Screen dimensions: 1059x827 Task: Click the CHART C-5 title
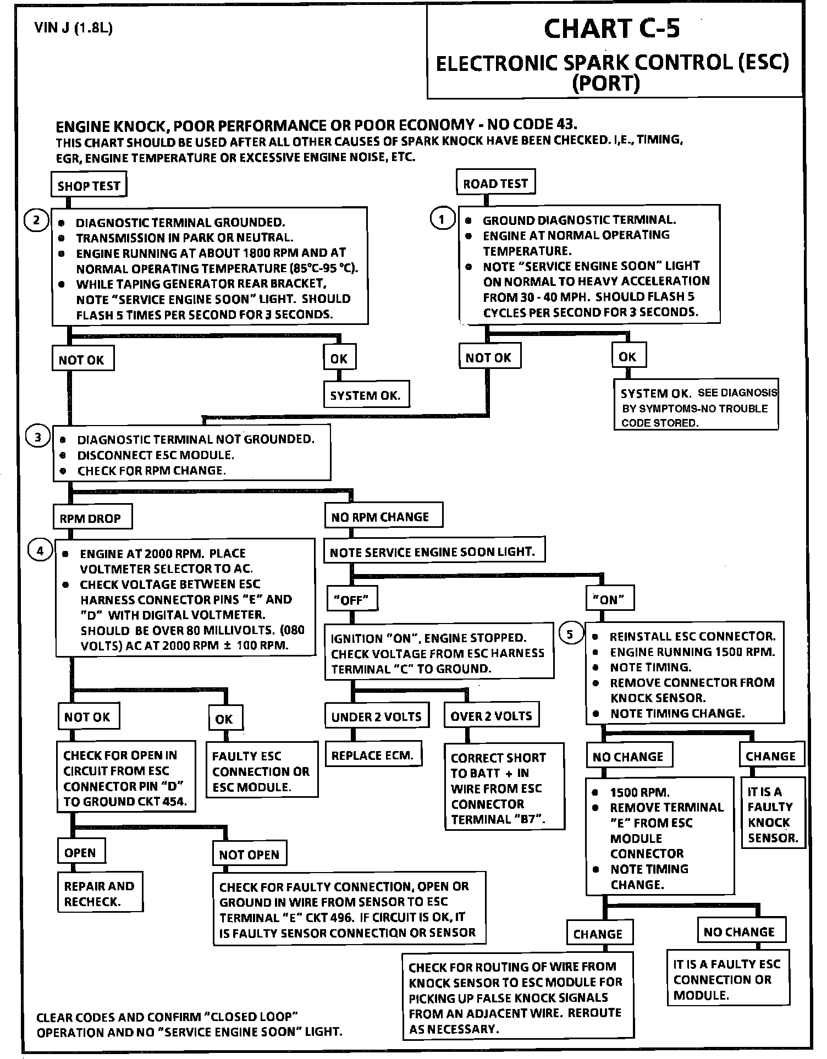point(611,29)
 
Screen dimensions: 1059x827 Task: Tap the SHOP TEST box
point(89,185)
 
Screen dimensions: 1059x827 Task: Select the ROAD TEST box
point(495,183)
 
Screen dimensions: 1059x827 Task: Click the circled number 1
point(442,219)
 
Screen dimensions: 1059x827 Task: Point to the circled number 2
point(36,221)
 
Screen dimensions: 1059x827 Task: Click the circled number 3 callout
point(37,438)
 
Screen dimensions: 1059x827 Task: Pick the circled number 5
point(570,634)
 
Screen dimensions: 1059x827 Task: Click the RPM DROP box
point(90,518)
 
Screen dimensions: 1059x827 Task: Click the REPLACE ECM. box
point(372,755)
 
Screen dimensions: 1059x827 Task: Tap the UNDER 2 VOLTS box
point(376,716)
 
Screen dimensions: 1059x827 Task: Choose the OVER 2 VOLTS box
point(491,716)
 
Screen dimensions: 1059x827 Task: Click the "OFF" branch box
point(351,599)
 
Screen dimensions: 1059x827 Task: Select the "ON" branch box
point(609,599)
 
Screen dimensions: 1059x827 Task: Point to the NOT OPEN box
point(249,854)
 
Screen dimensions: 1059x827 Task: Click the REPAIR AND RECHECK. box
point(100,893)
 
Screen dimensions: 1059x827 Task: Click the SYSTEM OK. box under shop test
point(366,395)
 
